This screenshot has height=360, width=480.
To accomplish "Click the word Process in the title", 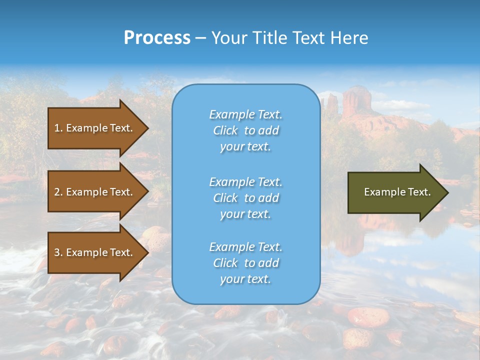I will pyautogui.click(x=157, y=38).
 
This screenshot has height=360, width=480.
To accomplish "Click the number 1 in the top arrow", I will pyautogui.click(x=57, y=128).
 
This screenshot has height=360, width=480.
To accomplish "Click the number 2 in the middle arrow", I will pyautogui.click(x=57, y=192).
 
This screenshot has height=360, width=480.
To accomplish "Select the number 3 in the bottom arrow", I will pyautogui.click(x=57, y=252).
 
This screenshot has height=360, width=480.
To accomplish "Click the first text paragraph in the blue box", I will pyautogui.click(x=245, y=130).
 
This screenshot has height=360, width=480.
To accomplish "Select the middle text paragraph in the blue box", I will pyautogui.click(x=245, y=198).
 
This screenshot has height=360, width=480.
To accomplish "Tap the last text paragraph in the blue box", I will pyautogui.click(x=245, y=263).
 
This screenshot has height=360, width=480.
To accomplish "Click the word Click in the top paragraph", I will pyautogui.click(x=225, y=130).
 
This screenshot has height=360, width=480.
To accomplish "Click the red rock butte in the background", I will pyautogui.click(x=356, y=100).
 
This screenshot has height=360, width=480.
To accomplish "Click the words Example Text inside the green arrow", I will pyautogui.click(x=397, y=192).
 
